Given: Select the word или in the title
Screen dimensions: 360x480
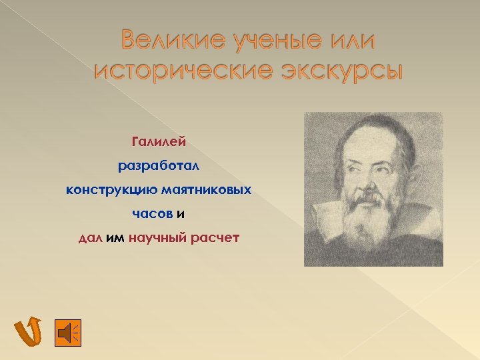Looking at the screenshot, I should pyautogui.click(x=349, y=41).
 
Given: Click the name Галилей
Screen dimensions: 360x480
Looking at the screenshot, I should pyautogui.click(x=159, y=141).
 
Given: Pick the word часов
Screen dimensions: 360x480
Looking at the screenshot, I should pyautogui.click(x=152, y=214).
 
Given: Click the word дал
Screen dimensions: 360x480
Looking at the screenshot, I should pyautogui.click(x=90, y=238).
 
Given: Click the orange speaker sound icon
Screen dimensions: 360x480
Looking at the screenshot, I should pyautogui.click(x=67, y=332).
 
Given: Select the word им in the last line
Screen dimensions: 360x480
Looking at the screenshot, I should pyautogui.click(x=115, y=238).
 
